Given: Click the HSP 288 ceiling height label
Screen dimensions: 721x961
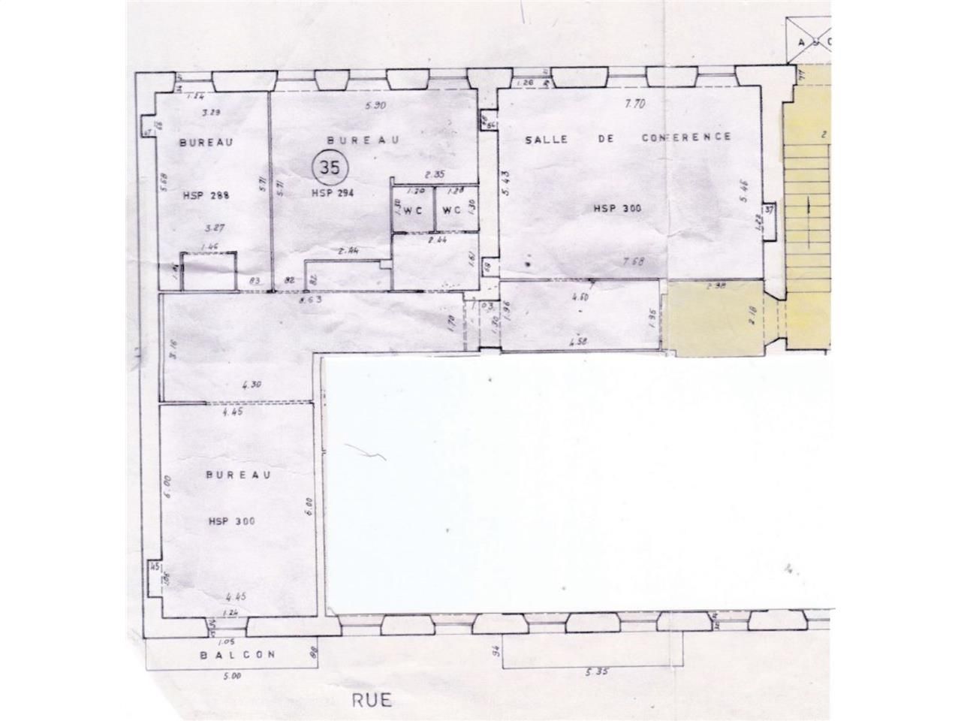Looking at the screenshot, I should pos(205,195).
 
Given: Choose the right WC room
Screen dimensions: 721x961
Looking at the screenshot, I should pos(451,211).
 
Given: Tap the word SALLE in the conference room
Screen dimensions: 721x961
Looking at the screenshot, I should pos(545,139).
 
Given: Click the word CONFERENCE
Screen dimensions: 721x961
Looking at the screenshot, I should pos(685,137).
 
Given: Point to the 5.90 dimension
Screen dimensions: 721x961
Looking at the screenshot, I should pos(374,106).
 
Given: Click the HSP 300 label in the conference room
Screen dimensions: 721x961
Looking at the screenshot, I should pos(617,209).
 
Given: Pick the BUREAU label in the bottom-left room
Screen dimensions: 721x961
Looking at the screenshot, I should pos(228,475).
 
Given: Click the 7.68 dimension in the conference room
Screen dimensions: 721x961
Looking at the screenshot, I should pos(633,261).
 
